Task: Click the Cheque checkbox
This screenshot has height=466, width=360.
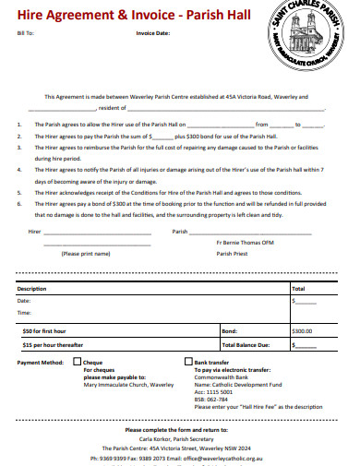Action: [x=77, y=363]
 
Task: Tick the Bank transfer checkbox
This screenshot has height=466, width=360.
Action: [x=189, y=363]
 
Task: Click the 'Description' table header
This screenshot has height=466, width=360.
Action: [x=32, y=289]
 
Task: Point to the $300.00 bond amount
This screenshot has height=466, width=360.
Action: [x=302, y=329]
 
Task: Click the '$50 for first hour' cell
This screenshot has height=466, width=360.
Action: [x=43, y=329]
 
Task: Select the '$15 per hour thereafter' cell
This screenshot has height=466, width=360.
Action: [x=52, y=345]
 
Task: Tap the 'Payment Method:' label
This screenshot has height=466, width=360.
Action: [x=40, y=364]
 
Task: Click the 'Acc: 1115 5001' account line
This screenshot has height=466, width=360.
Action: [x=213, y=391]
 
